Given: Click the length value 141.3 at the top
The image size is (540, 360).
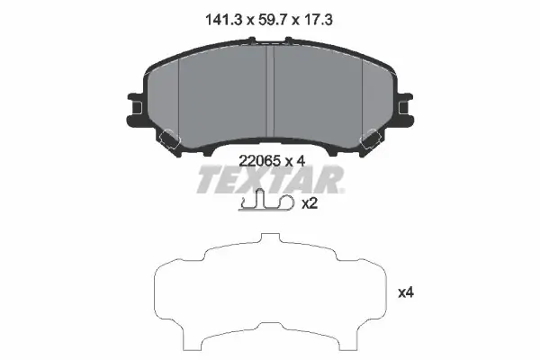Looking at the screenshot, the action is [x=225, y=20].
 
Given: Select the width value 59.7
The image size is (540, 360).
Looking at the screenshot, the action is [x=274, y=20].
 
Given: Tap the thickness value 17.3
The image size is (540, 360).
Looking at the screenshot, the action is [x=318, y=20].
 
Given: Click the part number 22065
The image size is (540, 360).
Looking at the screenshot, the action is [x=259, y=160].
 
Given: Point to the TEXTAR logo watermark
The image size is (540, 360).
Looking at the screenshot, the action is [x=270, y=179].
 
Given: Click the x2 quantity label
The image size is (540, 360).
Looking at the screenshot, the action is [x=310, y=203].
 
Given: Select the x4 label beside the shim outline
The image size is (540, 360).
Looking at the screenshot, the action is [x=406, y=292].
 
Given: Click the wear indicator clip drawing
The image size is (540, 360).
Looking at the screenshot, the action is [x=266, y=201].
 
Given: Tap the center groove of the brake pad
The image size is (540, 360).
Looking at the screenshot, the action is [x=270, y=91].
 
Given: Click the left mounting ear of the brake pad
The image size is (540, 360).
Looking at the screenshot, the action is [x=136, y=109].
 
